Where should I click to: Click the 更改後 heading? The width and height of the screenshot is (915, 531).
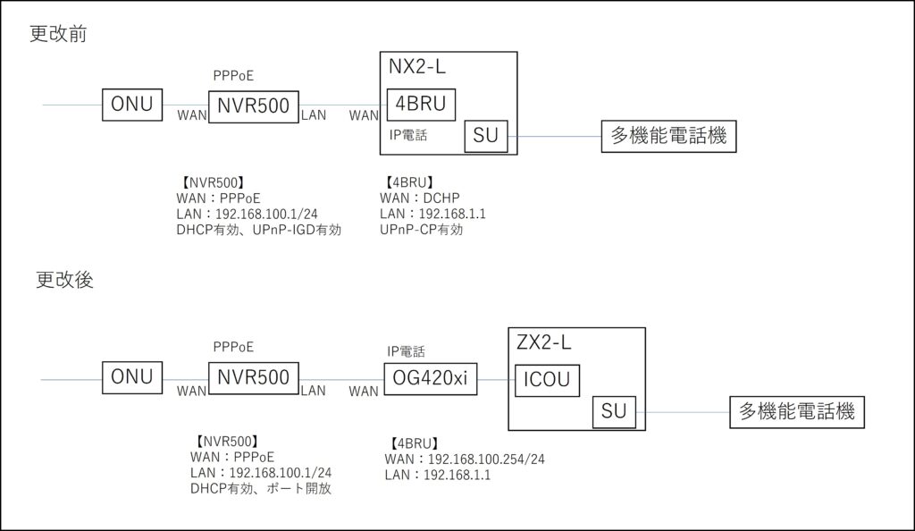[x=64, y=280]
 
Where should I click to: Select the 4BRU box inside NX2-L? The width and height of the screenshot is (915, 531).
[x=420, y=105]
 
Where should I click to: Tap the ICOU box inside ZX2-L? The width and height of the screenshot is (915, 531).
[x=546, y=379]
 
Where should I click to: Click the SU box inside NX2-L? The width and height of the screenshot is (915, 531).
[x=485, y=137]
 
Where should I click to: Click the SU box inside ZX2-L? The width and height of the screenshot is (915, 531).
[x=614, y=411]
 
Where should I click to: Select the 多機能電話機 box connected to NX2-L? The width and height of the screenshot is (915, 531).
[x=667, y=137]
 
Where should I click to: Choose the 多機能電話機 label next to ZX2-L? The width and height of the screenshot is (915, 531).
[x=796, y=411]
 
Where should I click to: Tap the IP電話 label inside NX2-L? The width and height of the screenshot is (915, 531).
[x=408, y=135]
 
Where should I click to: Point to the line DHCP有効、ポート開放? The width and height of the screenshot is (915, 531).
[x=261, y=488]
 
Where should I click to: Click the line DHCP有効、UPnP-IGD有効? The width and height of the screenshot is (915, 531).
[x=259, y=230]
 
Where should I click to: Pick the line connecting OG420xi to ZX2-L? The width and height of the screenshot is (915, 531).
[x=492, y=379]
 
